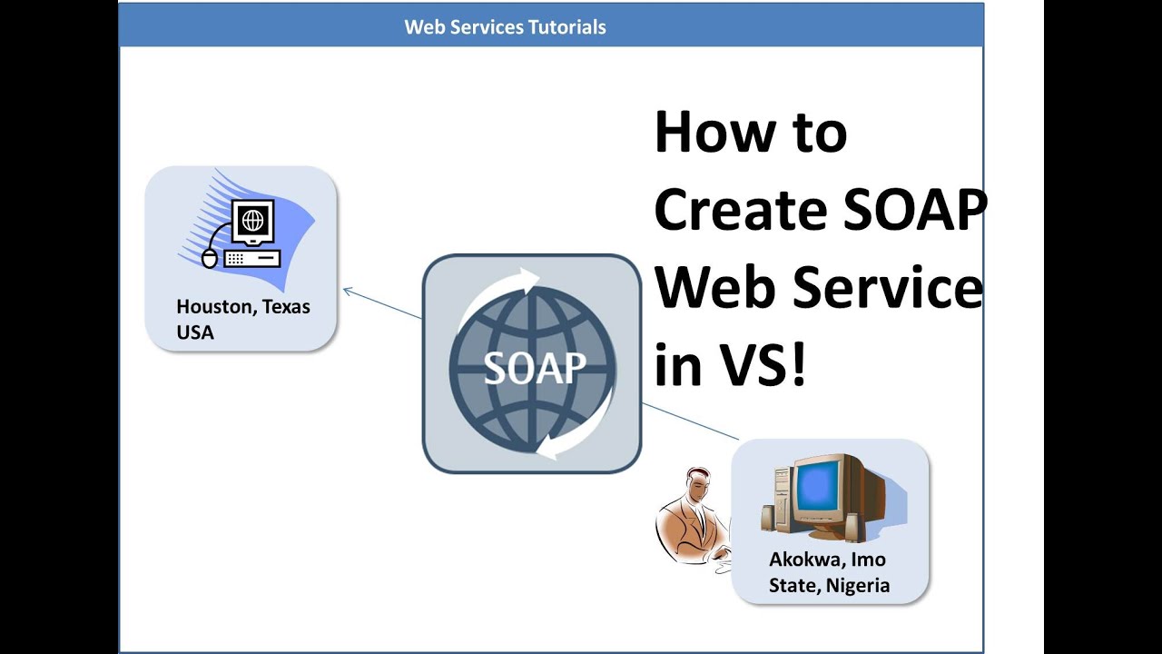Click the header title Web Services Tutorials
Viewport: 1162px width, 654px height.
tap(505, 27)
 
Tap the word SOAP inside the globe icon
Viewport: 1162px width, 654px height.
tap(534, 367)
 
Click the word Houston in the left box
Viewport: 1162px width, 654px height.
tap(214, 307)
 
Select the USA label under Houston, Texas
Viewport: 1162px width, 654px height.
tap(195, 332)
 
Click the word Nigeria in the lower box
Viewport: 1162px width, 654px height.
tap(858, 586)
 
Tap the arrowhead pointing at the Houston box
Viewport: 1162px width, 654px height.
tap(347, 292)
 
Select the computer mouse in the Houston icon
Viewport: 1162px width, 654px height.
tap(210, 259)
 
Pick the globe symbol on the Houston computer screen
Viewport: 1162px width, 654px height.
tap(252, 220)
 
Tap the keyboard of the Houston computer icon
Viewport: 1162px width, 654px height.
tap(251, 258)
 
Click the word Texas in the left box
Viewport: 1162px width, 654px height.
tap(285, 307)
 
